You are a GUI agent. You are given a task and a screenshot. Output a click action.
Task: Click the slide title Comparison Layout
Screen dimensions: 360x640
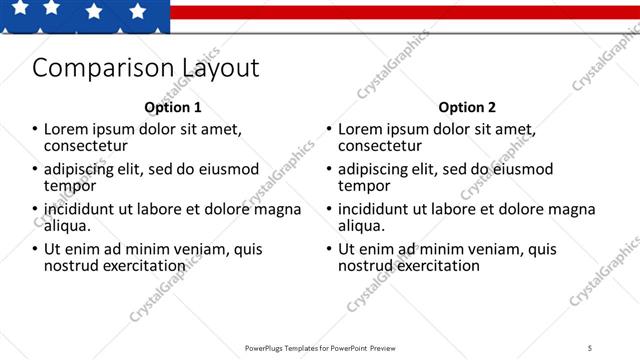point(146,68)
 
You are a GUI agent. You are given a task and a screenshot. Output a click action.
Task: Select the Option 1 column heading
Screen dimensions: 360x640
point(173,107)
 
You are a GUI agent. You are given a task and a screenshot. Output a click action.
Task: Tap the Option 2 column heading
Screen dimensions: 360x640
point(467,107)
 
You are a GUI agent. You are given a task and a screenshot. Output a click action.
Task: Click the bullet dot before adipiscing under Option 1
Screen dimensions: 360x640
point(35,169)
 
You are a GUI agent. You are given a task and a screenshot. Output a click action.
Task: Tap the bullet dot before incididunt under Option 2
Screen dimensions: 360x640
point(329,209)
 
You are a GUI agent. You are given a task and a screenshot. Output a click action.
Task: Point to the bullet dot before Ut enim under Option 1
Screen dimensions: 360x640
point(35,249)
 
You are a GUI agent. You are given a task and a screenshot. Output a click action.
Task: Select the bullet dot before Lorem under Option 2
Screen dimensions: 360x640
point(329,129)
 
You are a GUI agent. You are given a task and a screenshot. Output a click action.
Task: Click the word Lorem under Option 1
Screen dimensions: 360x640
point(66,130)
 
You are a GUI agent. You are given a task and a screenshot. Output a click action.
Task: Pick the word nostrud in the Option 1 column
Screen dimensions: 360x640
point(71,266)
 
